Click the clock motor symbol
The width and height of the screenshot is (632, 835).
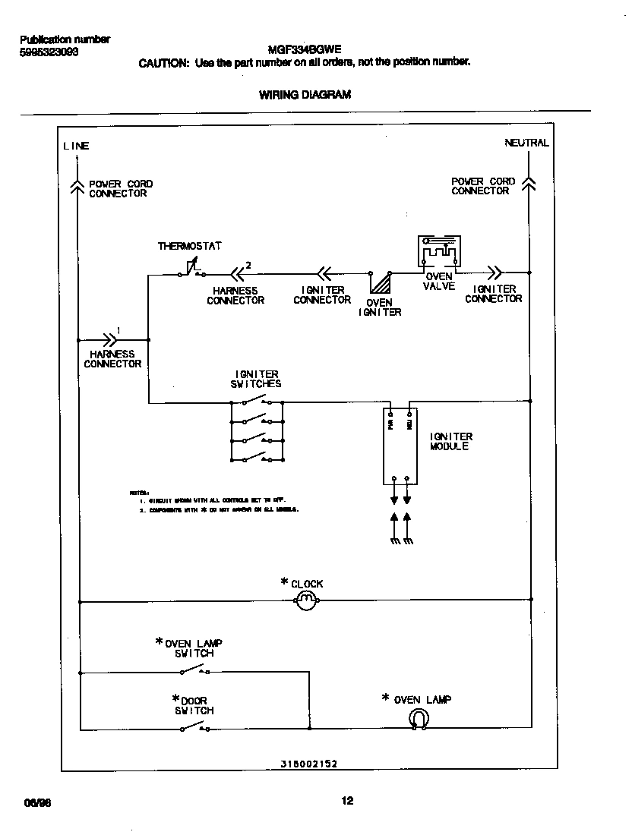[305, 602]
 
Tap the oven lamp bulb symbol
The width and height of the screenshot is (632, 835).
[417, 719]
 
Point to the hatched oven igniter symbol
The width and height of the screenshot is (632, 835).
[379, 282]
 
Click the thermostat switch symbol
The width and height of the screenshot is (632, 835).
[192, 270]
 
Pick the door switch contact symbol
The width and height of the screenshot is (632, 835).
[195, 728]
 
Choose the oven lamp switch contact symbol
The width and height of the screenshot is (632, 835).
[195, 670]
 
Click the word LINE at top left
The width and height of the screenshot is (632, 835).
[76, 146]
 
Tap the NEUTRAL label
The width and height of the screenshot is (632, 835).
[526, 143]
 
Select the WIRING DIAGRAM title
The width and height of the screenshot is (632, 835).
[305, 95]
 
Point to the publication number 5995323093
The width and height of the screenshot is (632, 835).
[48, 52]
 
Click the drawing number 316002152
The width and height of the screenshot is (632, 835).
[304, 765]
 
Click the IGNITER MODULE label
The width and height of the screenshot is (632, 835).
[450, 442]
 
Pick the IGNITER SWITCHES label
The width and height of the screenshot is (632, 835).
[256, 379]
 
